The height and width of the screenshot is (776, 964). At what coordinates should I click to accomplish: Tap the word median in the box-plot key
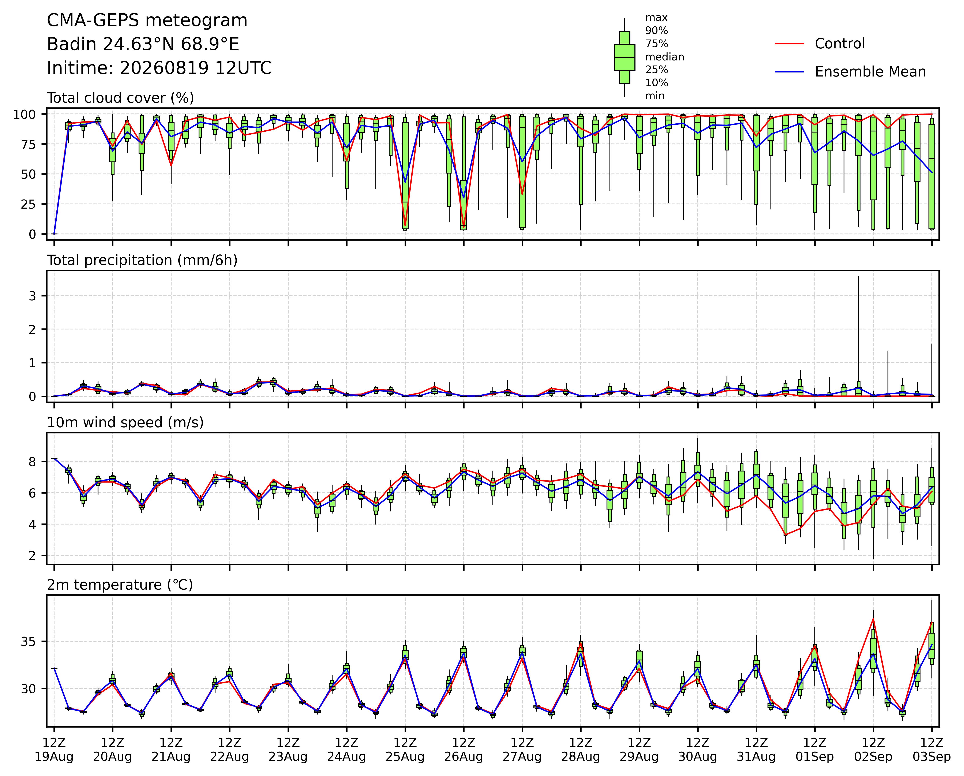tap(664, 57)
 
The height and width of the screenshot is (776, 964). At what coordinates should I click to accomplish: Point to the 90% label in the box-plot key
tap(656, 31)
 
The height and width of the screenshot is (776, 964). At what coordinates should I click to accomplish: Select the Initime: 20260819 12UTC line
tap(159, 68)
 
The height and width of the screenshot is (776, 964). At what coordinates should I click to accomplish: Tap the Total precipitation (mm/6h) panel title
tap(142, 260)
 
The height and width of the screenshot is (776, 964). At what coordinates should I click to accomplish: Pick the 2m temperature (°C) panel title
tap(120, 585)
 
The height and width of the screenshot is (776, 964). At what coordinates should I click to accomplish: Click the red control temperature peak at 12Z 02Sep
tap(873, 619)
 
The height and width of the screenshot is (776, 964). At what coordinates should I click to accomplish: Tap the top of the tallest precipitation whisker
tap(859, 276)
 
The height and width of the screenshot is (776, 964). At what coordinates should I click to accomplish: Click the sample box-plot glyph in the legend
tap(625, 57)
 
